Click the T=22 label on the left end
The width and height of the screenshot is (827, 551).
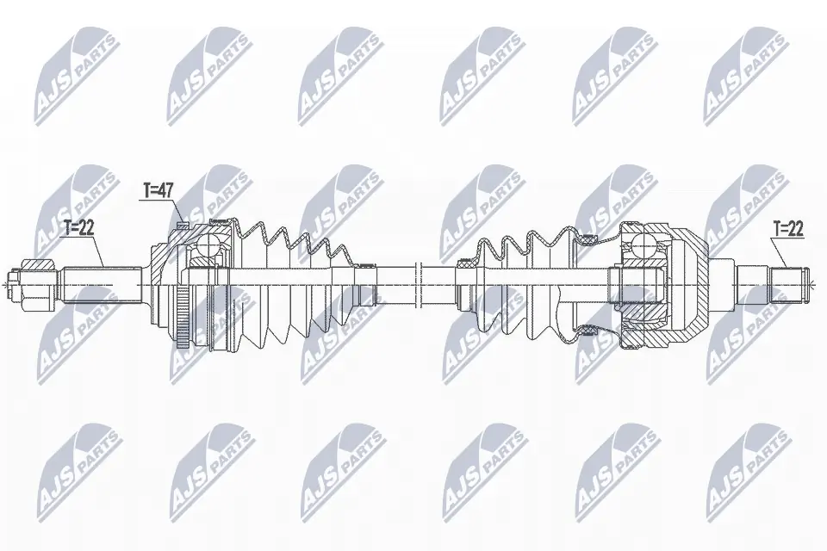click(x=79, y=228)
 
